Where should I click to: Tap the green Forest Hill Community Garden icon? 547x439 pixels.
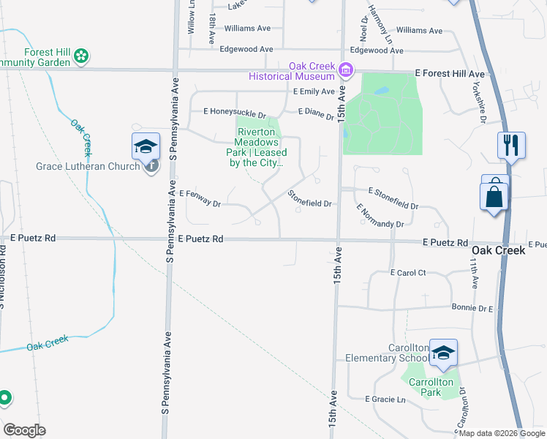tap(83, 55)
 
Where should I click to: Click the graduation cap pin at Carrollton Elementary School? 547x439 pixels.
tap(443, 353)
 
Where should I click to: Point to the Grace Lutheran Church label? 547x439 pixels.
tap(88, 166)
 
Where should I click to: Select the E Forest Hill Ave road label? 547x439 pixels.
tap(450, 75)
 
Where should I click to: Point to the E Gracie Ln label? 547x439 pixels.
tap(385, 399)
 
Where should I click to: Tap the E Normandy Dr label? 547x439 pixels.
tap(380, 217)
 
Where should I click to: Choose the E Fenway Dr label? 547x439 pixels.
tap(200, 198)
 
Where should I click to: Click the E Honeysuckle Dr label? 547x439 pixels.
tap(234, 112)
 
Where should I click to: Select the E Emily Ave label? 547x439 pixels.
tap(313, 92)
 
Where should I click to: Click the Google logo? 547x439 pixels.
tap(24, 430)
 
